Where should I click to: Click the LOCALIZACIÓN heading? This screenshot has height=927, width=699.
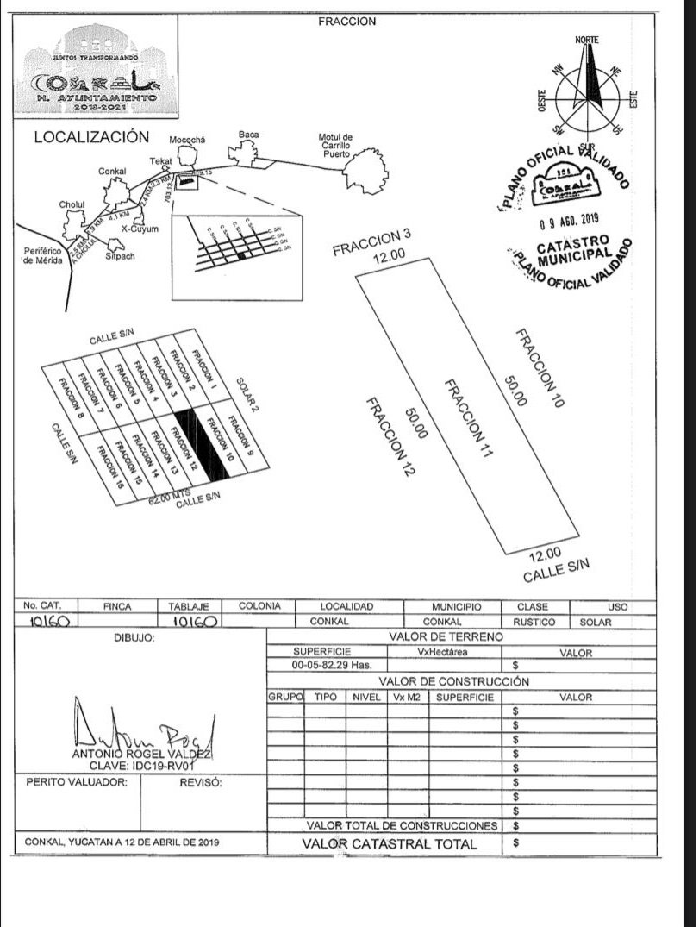(91, 137)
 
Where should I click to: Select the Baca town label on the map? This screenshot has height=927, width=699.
(249, 135)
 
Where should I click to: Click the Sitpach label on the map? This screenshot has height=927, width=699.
(119, 256)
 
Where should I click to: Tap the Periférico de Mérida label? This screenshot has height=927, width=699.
(43, 256)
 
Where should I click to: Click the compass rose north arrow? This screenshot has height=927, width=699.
(592, 73)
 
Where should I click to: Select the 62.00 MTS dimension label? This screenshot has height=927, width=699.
(168, 496)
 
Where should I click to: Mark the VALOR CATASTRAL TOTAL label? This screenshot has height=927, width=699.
(389, 843)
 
